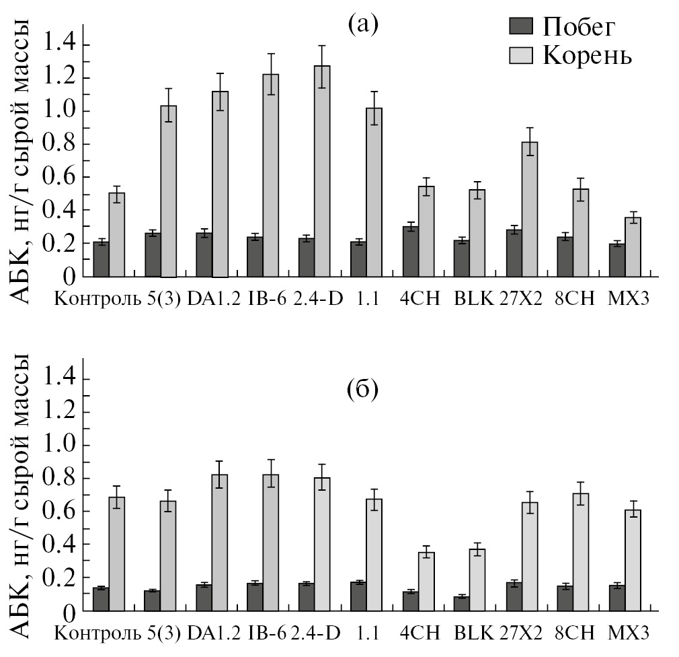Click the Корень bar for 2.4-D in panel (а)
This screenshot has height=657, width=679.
[x=322, y=172]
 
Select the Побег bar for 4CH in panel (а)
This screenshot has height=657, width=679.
[x=410, y=251]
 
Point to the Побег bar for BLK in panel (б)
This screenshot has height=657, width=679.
[x=461, y=603]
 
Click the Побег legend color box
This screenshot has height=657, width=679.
[x=522, y=27]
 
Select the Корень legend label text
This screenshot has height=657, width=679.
[x=587, y=55]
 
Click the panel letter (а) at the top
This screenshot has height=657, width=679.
[x=364, y=25]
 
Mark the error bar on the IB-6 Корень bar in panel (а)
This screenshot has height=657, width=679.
[x=270, y=74]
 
